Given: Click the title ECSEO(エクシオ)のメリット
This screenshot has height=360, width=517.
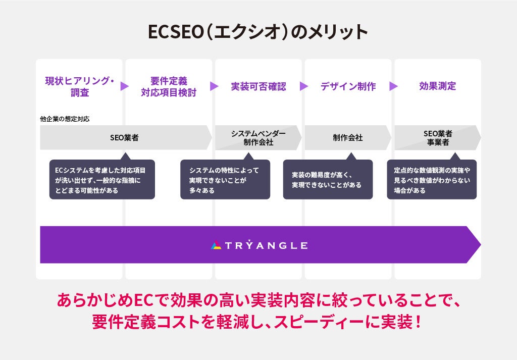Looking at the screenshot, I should click(258, 32).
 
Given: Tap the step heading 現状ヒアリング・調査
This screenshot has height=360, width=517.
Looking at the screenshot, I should click(80, 86).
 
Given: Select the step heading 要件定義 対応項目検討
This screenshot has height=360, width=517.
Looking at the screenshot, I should click(169, 86).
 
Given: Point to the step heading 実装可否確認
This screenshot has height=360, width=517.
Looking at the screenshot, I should click(258, 86).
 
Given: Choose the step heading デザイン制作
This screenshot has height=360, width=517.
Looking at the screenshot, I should click(348, 86).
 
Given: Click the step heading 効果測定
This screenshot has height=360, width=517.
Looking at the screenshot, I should click(437, 86).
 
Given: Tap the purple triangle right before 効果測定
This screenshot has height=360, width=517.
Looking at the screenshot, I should click(393, 86).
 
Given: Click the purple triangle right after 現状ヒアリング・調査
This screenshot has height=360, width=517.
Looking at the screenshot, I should click(124, 86).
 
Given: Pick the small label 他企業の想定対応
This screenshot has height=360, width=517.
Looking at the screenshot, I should click(65, 119).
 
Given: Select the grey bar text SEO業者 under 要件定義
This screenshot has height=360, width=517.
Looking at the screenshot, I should click(124, 137).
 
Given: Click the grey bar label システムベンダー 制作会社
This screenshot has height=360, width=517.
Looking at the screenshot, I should click(258, 137).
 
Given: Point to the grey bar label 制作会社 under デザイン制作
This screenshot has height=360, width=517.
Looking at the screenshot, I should click(348, 137).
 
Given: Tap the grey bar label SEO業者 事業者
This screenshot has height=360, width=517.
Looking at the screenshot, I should click(438, 137).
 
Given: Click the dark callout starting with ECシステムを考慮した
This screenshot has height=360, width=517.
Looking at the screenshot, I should click(102, 180).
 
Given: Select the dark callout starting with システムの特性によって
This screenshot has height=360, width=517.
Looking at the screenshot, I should click(225, 180).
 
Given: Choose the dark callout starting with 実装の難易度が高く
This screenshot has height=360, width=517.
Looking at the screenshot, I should click(328, 180).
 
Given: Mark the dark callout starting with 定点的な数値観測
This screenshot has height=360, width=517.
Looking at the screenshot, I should click(432, 180).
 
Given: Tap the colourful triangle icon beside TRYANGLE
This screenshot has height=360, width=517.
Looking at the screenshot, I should click(216, 245).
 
